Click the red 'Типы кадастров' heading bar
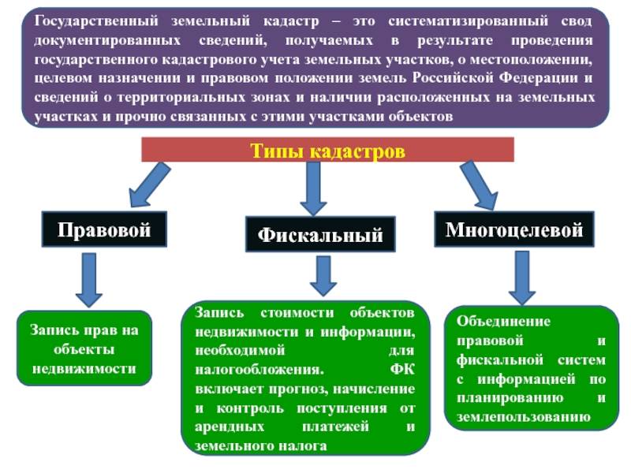327,150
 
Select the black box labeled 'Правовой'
104,229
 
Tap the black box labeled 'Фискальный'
320,234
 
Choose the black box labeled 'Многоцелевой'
514,229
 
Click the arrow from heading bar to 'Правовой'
149,184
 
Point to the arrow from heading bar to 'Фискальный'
313,188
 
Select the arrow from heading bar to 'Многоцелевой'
480,185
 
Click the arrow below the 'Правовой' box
89,281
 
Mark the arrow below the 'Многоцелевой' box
522,278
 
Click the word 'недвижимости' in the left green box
84,368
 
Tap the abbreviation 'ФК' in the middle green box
402,369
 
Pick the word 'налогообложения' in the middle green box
259,370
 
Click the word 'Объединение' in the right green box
503,322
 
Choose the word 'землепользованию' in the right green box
524,417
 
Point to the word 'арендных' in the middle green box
230,426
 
